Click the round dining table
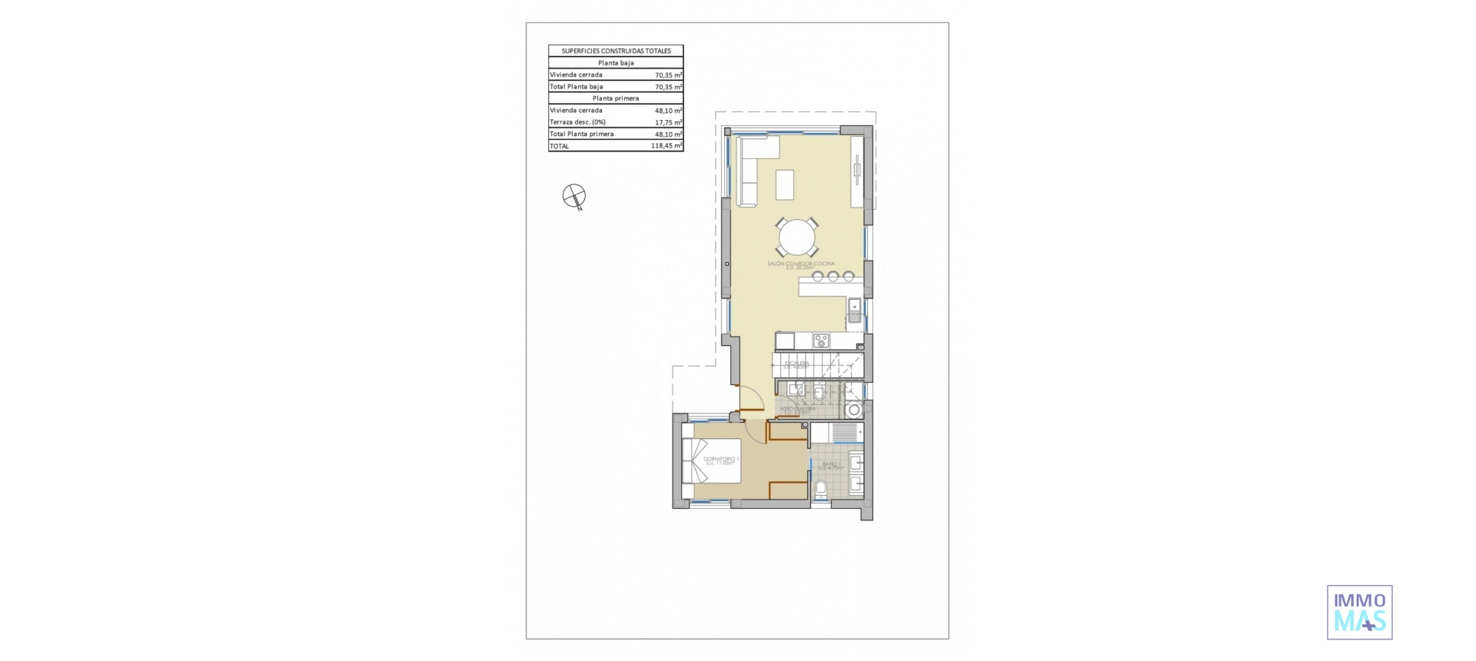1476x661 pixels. click(796, 237)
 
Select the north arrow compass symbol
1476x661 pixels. click(573, 196)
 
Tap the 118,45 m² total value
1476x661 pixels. click(666, 146)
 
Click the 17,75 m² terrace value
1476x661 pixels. click(668, 122)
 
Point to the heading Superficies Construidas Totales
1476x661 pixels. click(616, 51)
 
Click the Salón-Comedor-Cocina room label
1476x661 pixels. click(800, 264)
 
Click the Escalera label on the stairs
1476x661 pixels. click(796, 364)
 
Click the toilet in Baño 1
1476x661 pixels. click(820, 487)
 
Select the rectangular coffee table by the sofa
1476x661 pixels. click(785, 184)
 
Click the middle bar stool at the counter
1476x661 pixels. click(833, 276)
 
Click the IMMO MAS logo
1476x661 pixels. click(1359, 613)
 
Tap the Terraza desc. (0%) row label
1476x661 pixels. click(577, 122)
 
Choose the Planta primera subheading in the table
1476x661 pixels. click(616, 98)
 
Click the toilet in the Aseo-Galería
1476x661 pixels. click(819, 394)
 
